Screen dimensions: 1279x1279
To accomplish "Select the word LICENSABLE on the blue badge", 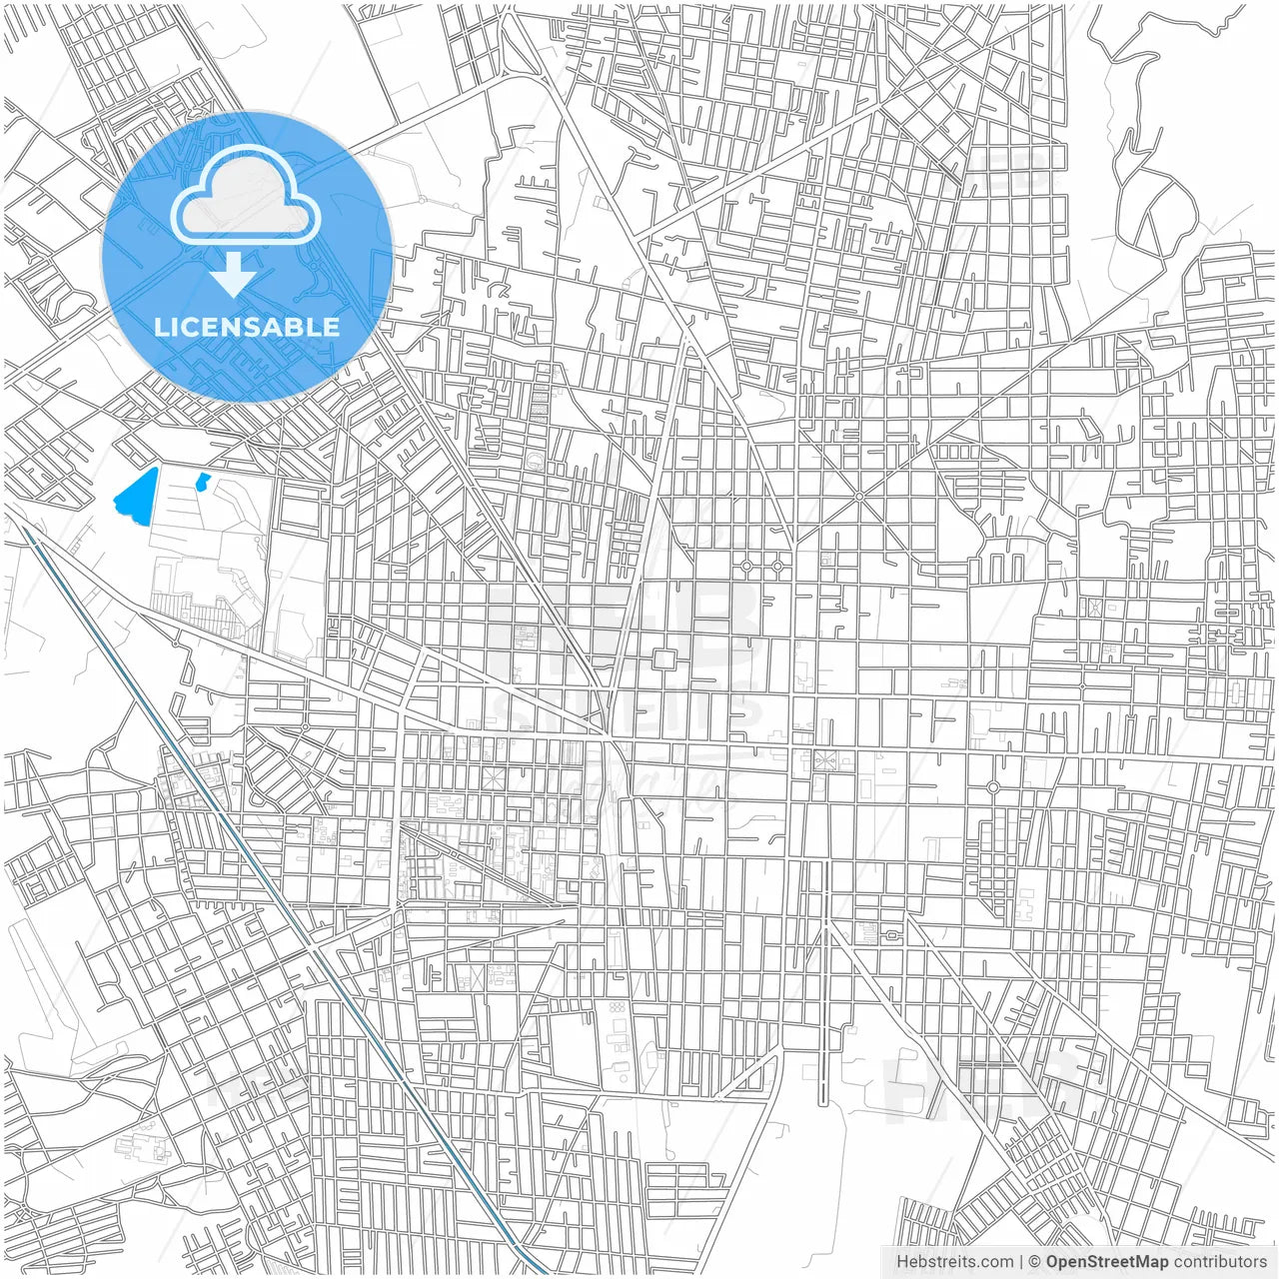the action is tap(247, 327).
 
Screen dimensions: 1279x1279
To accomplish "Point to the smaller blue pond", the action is tap(204, 482).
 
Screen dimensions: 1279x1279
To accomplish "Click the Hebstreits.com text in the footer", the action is tap(954, 1262).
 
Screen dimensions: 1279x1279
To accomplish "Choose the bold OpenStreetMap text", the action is tap(1107, 1262).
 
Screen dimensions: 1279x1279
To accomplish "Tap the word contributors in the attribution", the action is tap(1220, 1262).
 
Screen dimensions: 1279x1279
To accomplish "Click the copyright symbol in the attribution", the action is tap(1035, 1262).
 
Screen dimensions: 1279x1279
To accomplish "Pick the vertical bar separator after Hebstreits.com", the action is tap(1021, 1262).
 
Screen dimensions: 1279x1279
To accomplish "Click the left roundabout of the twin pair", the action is tap(746, 567).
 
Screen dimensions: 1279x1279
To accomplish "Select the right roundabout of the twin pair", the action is tap(777, 567).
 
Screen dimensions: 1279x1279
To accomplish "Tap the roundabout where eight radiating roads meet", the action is tap(858, 496).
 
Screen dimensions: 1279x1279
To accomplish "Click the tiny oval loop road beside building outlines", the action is tap(890, 935).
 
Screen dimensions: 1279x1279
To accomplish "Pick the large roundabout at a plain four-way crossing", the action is tap(992, 787).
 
